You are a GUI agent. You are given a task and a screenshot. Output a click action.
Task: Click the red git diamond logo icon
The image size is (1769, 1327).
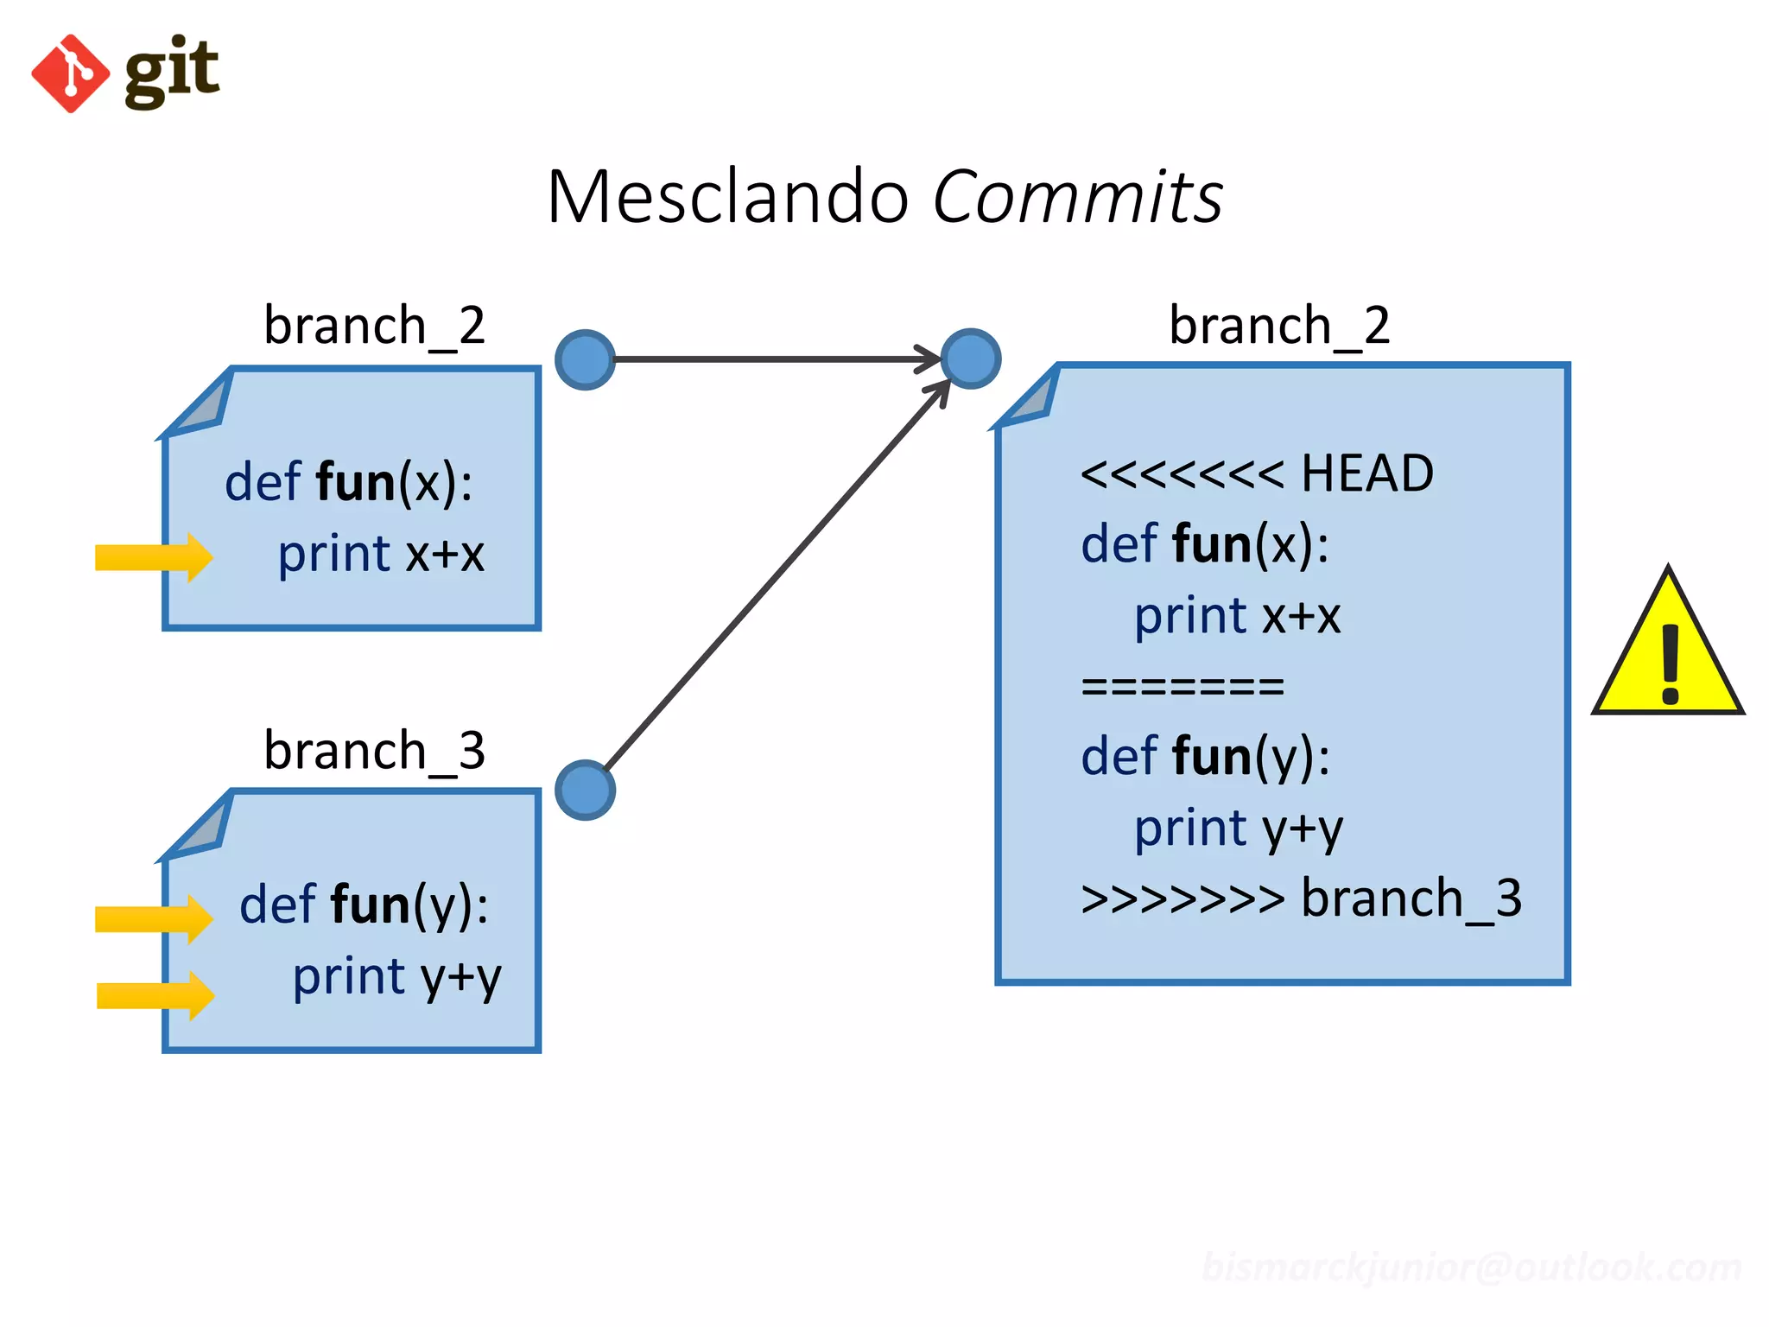(70, 73)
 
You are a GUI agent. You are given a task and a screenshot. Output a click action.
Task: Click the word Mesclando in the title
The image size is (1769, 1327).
(728, 197)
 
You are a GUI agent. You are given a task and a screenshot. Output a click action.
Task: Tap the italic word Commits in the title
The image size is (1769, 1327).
(1078, 197)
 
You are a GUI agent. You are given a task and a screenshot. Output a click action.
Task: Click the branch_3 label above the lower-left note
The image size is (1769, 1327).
(374, 750)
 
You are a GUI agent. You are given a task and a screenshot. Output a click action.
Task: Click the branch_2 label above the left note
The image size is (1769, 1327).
(374, 326)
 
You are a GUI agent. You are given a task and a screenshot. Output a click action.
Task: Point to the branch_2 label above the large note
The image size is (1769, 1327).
(1279, 326)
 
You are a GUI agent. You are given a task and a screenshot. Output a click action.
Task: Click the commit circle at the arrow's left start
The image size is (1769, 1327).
(585, 359)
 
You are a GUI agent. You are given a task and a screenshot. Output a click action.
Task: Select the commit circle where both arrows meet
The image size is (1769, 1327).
(971, 359)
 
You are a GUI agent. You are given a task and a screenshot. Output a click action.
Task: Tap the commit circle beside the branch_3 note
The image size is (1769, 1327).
(585, 790)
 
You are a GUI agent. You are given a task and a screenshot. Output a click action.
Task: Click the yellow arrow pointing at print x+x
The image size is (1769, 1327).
(154, 557)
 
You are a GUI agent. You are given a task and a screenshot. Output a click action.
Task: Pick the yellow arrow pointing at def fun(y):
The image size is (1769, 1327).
(154, 918)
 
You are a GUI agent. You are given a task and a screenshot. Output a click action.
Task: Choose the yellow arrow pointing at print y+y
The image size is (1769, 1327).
(155, 995)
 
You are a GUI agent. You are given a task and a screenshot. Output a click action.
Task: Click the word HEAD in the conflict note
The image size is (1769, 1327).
(1366, 473)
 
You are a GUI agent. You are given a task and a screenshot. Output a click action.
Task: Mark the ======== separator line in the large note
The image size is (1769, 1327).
(1183, 687)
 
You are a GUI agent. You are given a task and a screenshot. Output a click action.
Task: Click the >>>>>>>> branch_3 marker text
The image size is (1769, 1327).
(1301, 898)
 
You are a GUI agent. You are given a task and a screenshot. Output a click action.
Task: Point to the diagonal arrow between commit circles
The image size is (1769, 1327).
(777, 575)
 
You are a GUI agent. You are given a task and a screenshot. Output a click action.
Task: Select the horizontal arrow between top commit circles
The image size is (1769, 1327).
(777, 359)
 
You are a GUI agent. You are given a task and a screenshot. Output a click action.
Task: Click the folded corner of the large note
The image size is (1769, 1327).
(1032, 399)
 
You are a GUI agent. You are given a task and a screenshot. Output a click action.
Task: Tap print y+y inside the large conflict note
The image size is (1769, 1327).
(1238, 829)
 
